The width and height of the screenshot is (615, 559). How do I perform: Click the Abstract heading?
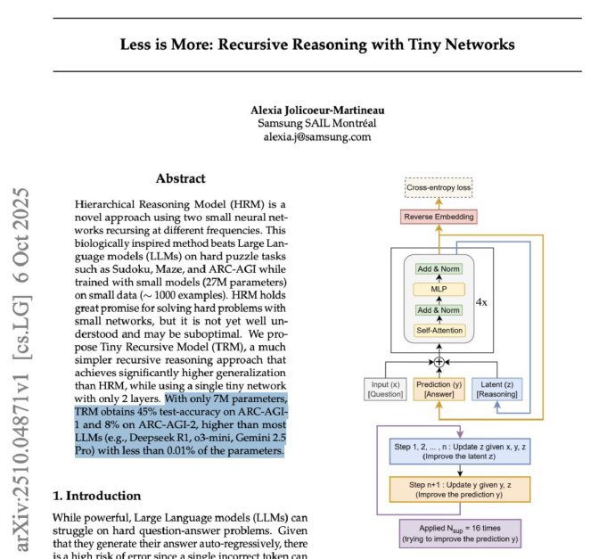coord(180,178)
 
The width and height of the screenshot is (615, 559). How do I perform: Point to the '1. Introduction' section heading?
coord(96,496)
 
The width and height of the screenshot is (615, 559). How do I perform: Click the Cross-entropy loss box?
coord(439,189)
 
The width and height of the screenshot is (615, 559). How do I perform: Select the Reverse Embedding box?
coord(439,217)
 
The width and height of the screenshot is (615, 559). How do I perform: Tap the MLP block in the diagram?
coord(439,290)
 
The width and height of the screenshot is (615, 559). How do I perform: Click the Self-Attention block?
coord(439,331)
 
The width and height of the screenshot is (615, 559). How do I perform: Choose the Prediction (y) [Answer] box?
coord(438,389)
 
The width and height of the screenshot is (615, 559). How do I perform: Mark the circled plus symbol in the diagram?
coord(438,361)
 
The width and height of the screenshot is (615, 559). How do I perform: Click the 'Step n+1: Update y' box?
coord(460,489)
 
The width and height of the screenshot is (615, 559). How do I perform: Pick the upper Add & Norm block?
coord(439,269)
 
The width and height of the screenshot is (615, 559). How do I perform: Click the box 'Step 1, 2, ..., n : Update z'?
coord(460,451)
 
